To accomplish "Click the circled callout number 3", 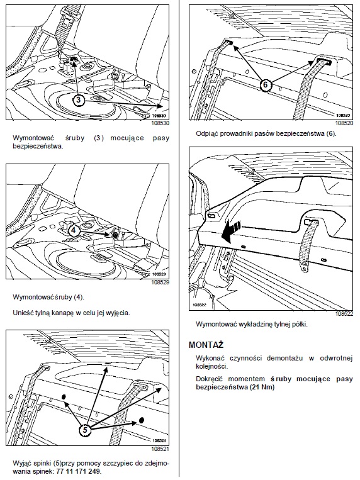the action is coord(79,100).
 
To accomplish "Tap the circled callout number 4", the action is coord(74,230).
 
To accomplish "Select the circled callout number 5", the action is coord(85,430).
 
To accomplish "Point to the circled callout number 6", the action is coord(266,84).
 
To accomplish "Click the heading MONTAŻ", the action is coord(206,345).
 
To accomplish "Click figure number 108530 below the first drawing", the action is coord(160,124).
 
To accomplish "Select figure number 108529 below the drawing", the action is coord(160,282).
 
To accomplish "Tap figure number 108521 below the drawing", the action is coord(160,449).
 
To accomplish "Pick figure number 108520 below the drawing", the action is coord(344,123).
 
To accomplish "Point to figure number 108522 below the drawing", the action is coord(344,314).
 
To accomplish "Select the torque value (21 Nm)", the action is coord(262,387).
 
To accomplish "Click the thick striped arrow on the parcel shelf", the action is coord(231,231).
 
